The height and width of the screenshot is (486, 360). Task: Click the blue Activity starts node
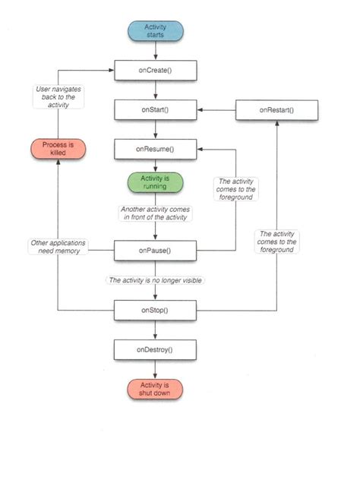point(155,30)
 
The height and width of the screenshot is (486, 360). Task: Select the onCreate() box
point(155,71)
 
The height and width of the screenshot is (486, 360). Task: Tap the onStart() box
point(155,110)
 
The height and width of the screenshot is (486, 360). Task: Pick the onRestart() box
point(276,110)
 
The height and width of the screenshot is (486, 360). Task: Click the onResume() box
point(155,150)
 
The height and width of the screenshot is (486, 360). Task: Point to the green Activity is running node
point(155,182)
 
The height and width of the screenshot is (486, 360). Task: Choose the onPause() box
point(155,250)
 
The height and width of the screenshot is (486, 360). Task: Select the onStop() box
point(155,311)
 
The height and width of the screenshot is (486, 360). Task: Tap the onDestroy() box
point(155,349)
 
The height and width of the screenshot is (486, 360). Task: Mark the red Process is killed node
point(58,148)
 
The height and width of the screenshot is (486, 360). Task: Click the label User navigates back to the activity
point(58,97)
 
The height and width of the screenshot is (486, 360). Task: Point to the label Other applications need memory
point(58,247)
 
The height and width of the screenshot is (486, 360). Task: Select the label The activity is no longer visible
point(156,280)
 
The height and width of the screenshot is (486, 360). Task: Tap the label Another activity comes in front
point(155,213)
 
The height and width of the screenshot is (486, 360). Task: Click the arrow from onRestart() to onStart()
point(216,110)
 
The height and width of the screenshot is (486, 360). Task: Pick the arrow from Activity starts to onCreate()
point(155,52)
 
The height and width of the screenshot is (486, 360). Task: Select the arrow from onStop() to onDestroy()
point(155,330)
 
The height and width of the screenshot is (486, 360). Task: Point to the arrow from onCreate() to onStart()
point(155,90)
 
